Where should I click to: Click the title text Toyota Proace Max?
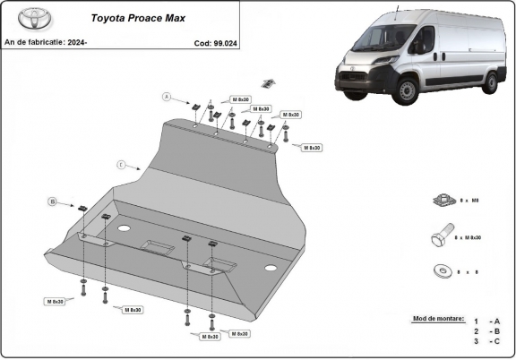[x=134, y=17]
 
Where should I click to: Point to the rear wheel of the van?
[x=490, y=79]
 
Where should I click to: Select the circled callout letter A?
[x=166, y=96]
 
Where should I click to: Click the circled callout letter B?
[x=52, y=202]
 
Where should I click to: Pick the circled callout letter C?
[x=119, y=164]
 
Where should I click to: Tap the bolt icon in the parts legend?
[x=438, y=237]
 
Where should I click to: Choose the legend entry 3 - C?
[x=487, y=341]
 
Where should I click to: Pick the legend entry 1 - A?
[x=487, y=321]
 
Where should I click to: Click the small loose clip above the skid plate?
[x=268, y=83]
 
